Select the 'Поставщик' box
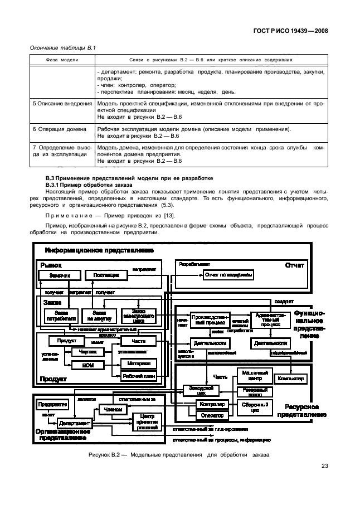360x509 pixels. (x=106, y=275)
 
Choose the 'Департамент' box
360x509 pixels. (x=74, y=423)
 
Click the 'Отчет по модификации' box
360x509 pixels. (x=228, y=275)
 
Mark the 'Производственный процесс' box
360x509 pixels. (x=208, y=319)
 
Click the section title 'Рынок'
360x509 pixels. (x=51, y=265)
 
